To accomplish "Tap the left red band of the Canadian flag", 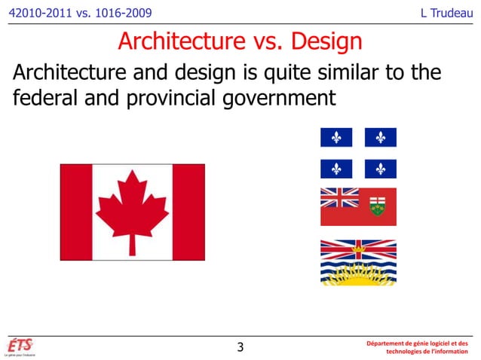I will [x=76, y=212].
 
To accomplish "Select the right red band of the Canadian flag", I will [x=188, y=212].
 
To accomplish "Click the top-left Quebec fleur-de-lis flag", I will [x=336, y=138].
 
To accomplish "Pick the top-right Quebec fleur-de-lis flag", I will [x=380, y=138].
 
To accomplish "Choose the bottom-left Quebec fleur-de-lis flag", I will [x=336, y=169].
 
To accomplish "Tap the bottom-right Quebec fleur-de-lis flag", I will [x=380, y=169].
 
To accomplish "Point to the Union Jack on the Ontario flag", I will [x=339, y=197].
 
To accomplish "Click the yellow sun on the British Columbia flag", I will [x=358, y=273].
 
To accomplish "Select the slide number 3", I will [x=240, y=347].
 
